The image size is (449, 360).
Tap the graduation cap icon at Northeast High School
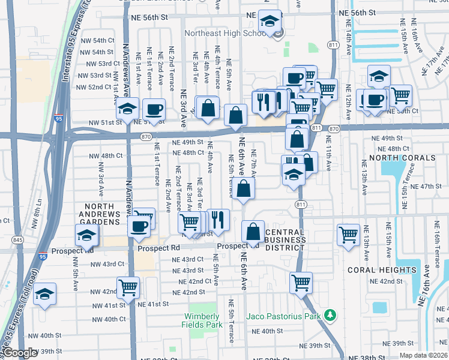pyautogui.click(x=270, y=21)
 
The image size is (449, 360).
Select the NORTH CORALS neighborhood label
pyautogui.click(x=402, y=158)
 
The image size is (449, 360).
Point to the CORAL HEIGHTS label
pyautogui.click(x=382, y=270)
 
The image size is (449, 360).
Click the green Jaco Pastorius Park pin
pyautogui.click(x=328, y=315)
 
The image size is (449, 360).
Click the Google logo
pyautogui.click(x=20, y=353)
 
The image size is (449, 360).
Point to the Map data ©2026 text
pyautogui.click(x=423, y=355)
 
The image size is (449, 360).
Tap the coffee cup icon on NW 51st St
pyautogui.click(x=154, y=110)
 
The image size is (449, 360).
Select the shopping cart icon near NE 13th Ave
pyautogui.click(x=348, y=235)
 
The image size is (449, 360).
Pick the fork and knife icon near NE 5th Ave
pyautogui.click(x=218, y=220)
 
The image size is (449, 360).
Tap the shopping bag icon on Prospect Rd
pyautogui.click(x=253, y=232)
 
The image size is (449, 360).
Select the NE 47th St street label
pyautogui.click(x=427, y=187)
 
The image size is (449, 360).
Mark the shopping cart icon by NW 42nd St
pyautogui.click(x=128, y=287)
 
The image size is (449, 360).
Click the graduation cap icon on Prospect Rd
pyautogui.click(x=86, y=235)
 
